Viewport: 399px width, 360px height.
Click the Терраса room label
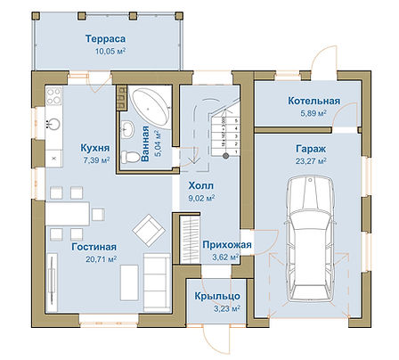pos(105,39)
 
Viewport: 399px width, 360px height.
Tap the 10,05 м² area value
pos(110,51)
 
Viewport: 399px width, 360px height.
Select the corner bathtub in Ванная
pos(151,108)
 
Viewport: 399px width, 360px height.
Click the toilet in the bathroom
pos(130,157)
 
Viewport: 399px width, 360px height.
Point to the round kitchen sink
pos(53,124)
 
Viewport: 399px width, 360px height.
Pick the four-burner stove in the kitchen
pos(53,96)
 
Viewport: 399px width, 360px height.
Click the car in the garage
pos(310,239)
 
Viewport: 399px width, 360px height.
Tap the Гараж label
pos(311,149)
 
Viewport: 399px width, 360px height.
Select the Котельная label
pos(314,101)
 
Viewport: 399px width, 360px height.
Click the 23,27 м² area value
pos(311,160)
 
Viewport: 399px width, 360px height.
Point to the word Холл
pos(201,186)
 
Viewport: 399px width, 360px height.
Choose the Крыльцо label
pos(217,296)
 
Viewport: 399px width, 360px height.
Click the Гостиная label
pos(94,247)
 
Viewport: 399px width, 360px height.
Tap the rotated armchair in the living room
pos(149,232)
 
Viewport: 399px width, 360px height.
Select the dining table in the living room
pos(68,214)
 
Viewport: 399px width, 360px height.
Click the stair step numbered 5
pos(236,121)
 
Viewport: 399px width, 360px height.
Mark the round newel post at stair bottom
pos(225,155)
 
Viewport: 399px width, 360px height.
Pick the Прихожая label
pos(227,245)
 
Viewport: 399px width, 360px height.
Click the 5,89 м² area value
pos(313,113)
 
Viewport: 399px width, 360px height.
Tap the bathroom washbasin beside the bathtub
pos(128,129)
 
